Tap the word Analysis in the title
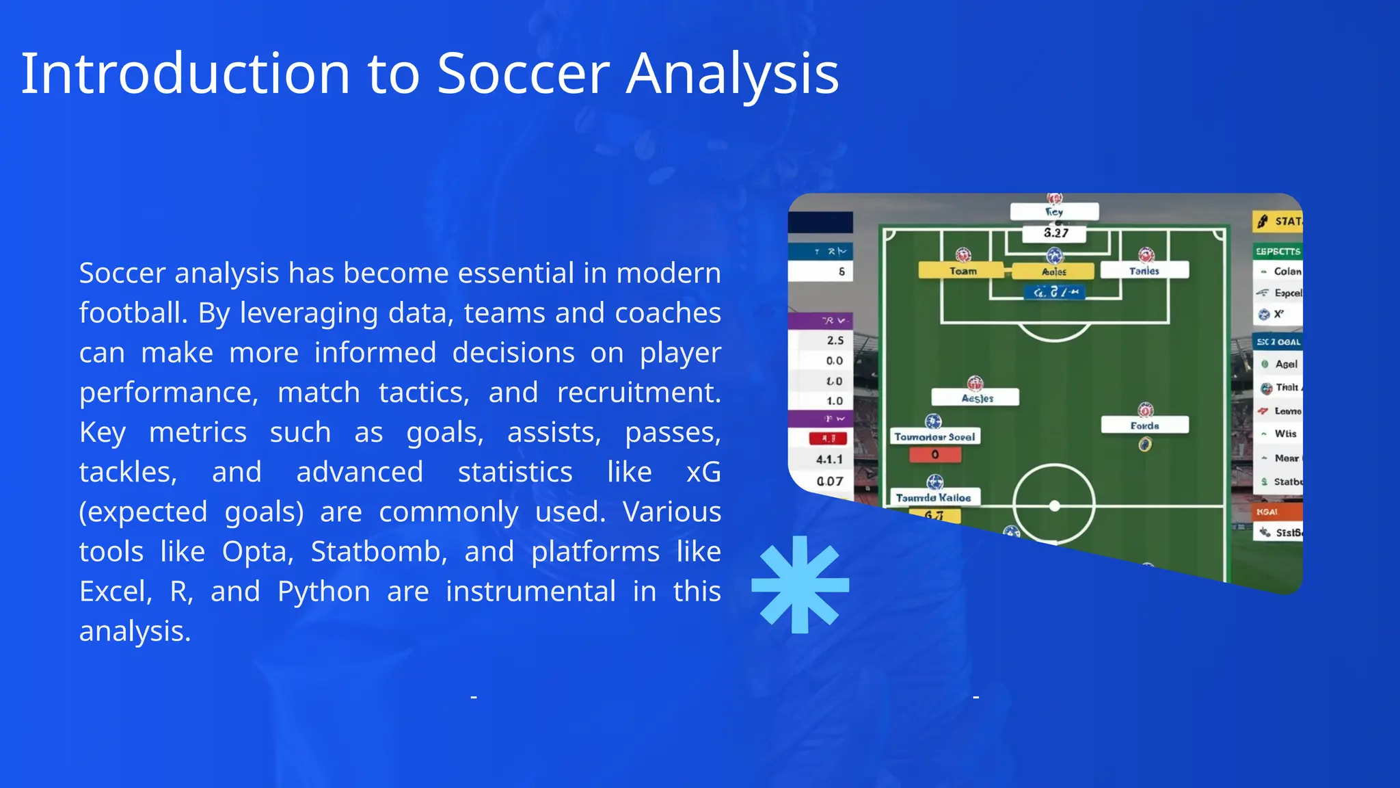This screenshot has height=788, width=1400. (732, 73)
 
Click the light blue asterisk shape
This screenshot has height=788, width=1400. (800, 585)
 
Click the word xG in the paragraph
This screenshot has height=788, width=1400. (703, 472)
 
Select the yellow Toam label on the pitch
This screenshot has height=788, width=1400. (962, 271)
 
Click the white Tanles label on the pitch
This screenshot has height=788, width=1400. (1144, 271)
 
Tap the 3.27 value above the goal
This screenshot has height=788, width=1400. (1055, 233)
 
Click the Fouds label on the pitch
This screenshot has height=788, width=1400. (1144, 425)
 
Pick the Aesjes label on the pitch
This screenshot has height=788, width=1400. (977, 398)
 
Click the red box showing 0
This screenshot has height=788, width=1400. (935, 454)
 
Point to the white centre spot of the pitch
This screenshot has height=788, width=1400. (1054, 506)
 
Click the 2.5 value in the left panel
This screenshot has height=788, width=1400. (835, 340)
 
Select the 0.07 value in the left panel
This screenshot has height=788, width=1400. (829, 481)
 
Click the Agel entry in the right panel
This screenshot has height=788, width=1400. (1285, 364)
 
